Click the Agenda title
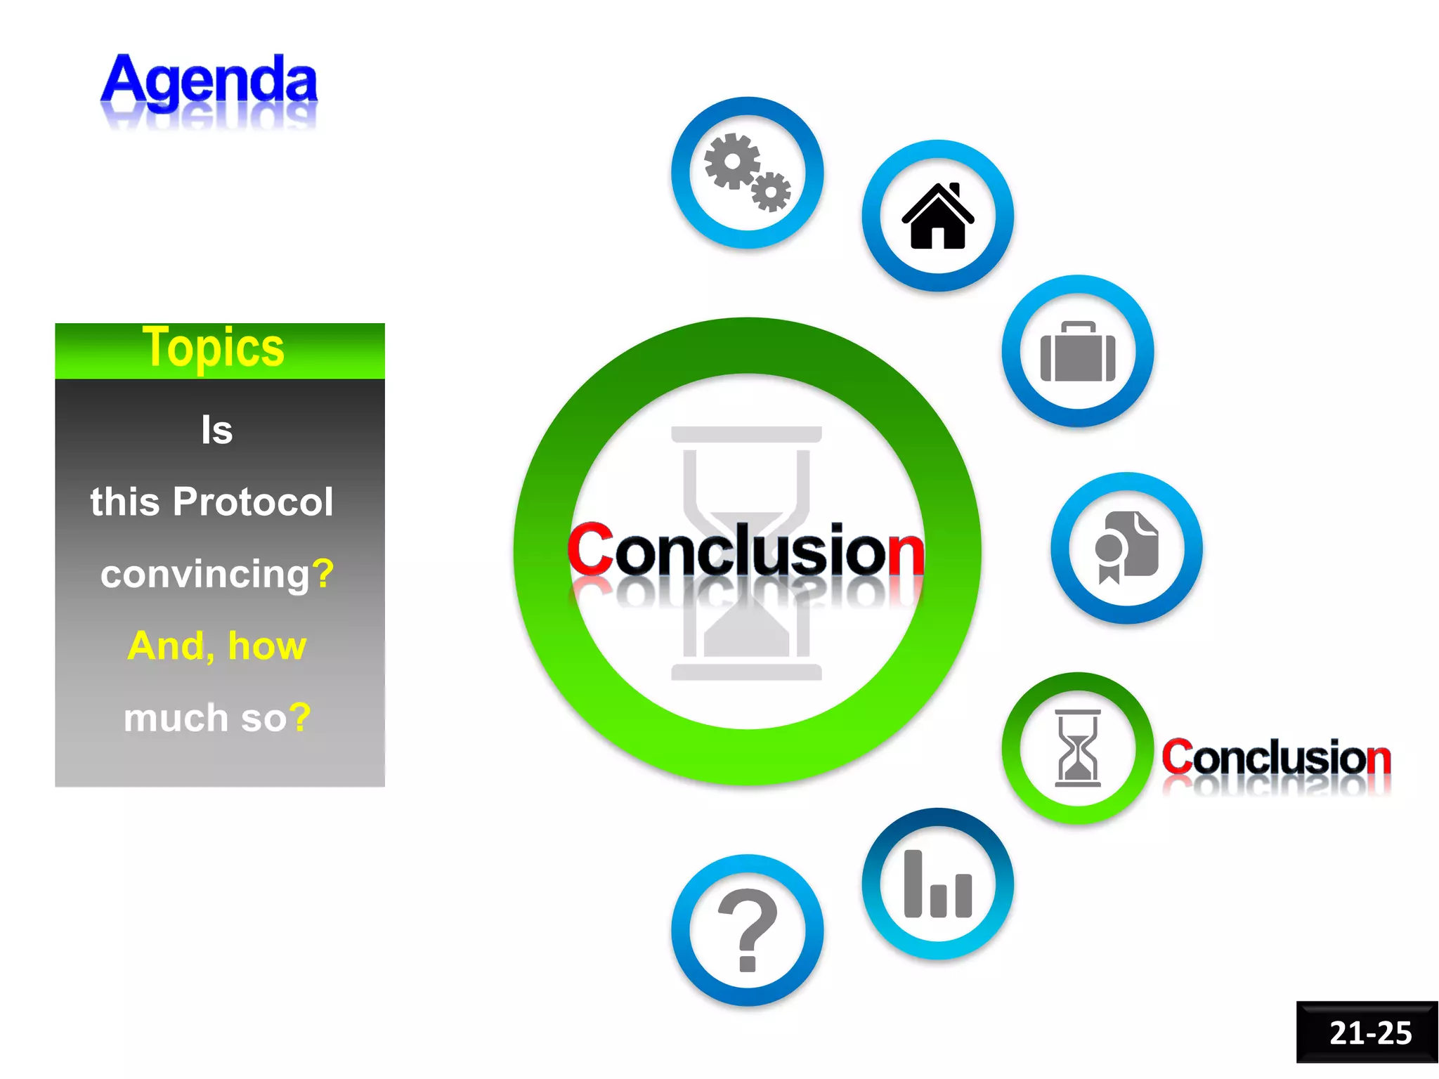click(209, 81)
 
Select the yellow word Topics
click(213, 347)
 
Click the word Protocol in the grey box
click(253, 502)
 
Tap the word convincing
click(205, 574)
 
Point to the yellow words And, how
click(216, 646)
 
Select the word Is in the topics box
click(216, 430)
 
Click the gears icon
click(746, 172)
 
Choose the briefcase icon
click(1077, 352)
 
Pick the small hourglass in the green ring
click(1077, 748)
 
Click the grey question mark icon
click(748, 929)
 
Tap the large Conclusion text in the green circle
click(746, 551)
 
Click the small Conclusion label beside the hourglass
click(1276, 758)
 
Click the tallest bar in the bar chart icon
click(913, 883)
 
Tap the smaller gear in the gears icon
click(771, 191)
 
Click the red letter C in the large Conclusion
click(590, 549)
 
